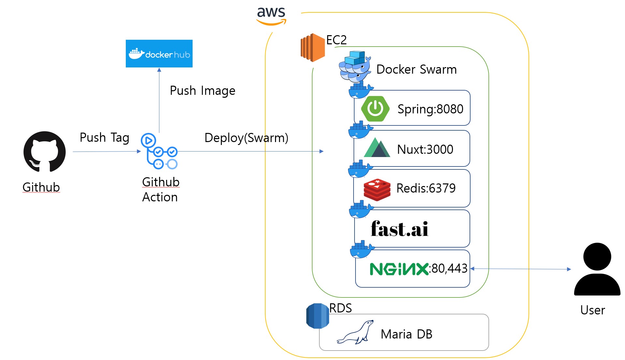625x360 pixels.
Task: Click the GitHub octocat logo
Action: (45, 151)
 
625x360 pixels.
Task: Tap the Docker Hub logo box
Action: (159, 54)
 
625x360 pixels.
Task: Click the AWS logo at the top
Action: (271, 15)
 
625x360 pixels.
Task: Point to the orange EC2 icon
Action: (312, 48)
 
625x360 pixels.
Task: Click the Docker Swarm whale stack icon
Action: (355, 67)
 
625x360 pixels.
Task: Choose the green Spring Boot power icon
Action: (375, 109)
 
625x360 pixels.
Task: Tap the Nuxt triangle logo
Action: (377, 148)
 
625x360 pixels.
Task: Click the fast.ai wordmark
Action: (400, 229)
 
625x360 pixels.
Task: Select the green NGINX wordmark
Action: (399, 269)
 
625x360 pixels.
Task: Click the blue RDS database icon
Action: (317, 316)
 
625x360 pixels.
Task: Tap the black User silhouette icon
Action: (597, 269)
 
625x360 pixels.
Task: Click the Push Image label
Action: (202, 91)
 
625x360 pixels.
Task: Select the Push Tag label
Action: (104, 137)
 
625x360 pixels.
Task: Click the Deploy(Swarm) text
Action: (246, 138)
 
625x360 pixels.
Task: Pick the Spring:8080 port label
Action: (430, 109)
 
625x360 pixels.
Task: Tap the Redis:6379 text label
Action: (426, 188)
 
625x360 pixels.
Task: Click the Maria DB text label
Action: (406, 334)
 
